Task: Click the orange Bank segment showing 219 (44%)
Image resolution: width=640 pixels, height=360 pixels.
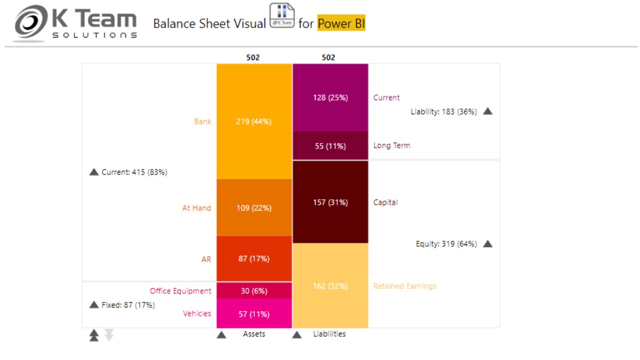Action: pyautogui.click(x=254, y=121)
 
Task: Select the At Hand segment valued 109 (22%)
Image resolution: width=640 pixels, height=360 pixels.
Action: pyautogui.click(x=254, y=208)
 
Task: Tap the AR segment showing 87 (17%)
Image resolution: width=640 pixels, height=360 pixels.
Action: pyautogui.click(x=254, y=258)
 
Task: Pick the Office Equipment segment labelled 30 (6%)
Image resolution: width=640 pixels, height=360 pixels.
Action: pyautogui.click(x=254, y=291)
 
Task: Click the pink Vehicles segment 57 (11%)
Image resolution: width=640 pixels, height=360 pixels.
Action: pyautogui.click(x=254, y=314)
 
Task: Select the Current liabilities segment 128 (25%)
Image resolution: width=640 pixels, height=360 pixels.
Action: pyautogui.click(x=330, y=97)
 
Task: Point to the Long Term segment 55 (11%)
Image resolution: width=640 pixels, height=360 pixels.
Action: pyautogui.click(x=330, y=146)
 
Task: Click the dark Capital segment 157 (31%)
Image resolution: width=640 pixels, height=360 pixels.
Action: pyautogui.click(x=330, y=202)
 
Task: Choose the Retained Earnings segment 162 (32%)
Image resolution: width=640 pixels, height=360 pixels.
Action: pyautogui.click(x=330, y=286)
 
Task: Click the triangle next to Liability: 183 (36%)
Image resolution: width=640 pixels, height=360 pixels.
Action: pyautogui.click(x=488, y=112)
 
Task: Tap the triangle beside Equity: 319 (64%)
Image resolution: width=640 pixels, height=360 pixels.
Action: pyautogui.click(x=488, y=244)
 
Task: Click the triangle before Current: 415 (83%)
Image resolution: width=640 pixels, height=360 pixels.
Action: pyautogui.click(x=94, y=172)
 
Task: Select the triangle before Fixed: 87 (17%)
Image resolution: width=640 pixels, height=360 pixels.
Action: pyautogui.click(x=94, y=305)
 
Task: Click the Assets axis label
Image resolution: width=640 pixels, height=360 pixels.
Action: pyautogui.click(x=254, y=334)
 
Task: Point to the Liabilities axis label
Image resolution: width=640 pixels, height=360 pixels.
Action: pyautogui.click(x=329, y=334)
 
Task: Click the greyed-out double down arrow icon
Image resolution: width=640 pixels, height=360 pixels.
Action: pyautogui.click(x=109, y=335)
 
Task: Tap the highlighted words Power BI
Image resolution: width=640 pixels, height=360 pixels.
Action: pyautogui.click(x=341, y=23)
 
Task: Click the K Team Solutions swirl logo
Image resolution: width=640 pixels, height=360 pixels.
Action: pyautogui.click(x=30, y=23)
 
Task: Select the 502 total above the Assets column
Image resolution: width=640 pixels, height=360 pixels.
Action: pyautogui.click(x=253, y=58)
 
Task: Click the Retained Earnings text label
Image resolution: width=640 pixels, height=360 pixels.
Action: pyautogui.click(x=404, y=286)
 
